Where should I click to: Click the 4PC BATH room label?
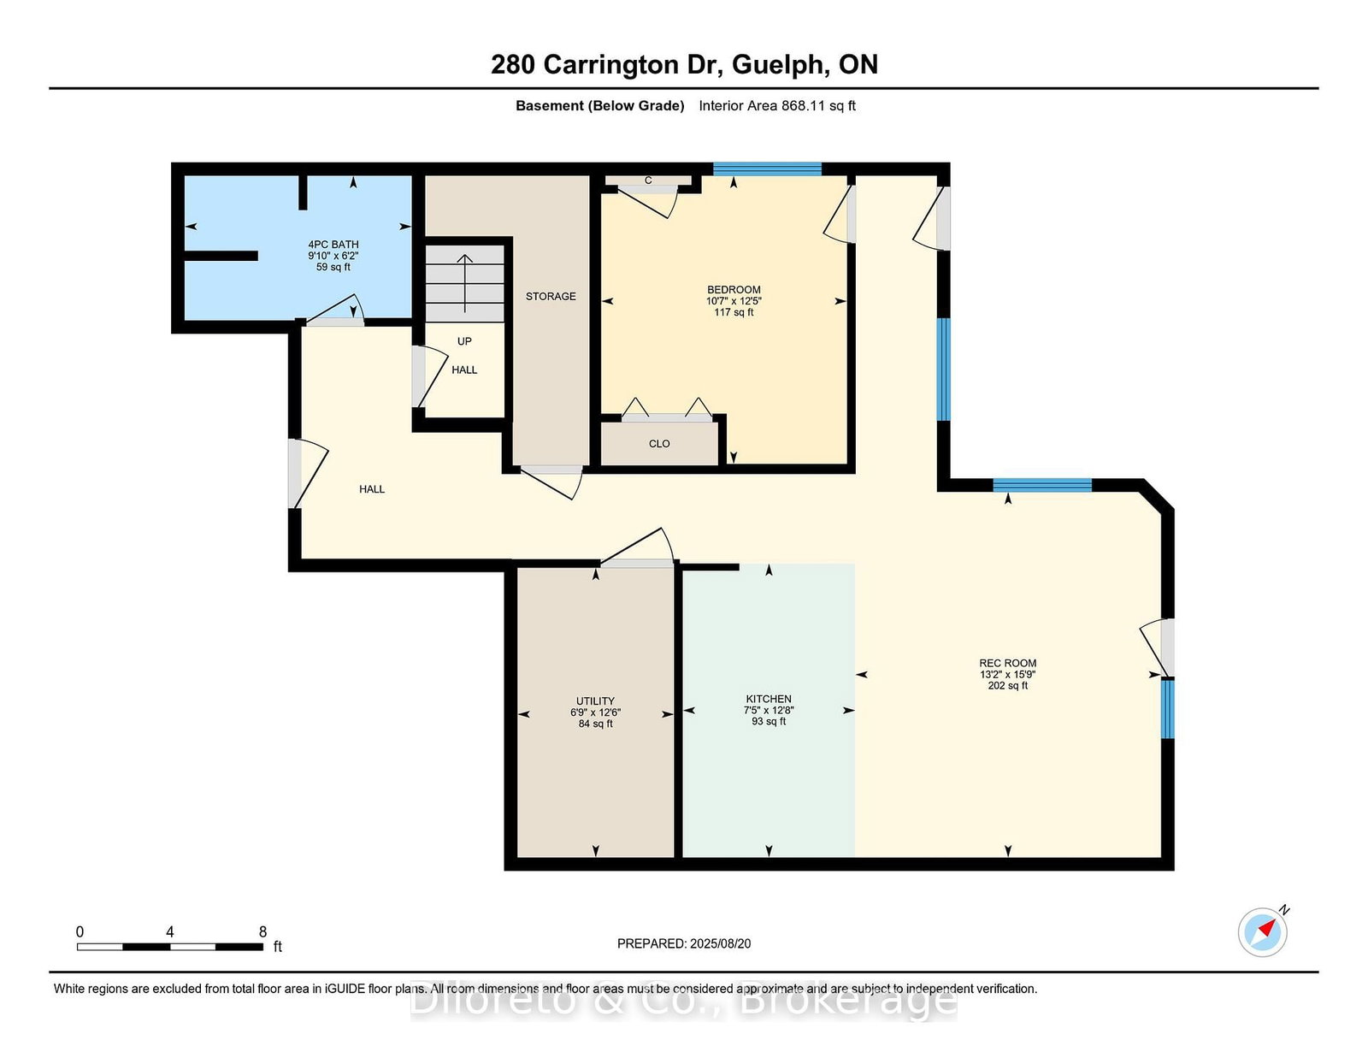[x=333, y=245]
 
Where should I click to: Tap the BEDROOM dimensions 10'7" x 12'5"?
[x=734, y=301]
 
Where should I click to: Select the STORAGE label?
[x=551, y=296]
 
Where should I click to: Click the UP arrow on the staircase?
[x=464, y=282]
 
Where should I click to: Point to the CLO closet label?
[x=659, y=444]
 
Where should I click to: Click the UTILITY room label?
[x=595, y=700]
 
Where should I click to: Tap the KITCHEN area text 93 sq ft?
[x=769, y=722]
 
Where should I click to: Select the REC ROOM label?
[x=1007, y=663]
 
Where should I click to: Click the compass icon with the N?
[x=1262, y=932]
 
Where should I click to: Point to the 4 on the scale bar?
[x=170, y=932]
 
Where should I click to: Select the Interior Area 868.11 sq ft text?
[x=776, y=106]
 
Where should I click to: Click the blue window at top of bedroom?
[x=767, y=168]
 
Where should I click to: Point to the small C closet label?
[x=648, y=180]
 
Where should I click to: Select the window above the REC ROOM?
[x=1041, y=485]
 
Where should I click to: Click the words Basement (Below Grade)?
[x=599, y=106]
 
